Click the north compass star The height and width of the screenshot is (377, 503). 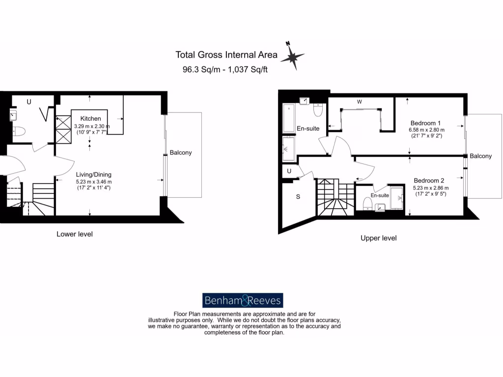[292, 57]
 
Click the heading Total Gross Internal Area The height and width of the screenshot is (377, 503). [226, 55]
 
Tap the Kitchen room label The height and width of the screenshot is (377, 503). [91, 118]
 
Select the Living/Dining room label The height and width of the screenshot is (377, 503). [93, 174]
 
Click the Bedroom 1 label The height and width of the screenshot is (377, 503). [425, 123]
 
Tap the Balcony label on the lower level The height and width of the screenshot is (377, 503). [181, 153]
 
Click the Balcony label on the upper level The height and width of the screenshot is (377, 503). [480, 156]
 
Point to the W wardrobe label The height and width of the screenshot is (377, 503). [360, 102]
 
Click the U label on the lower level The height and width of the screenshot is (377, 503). [29, 102]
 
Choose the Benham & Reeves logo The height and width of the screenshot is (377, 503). [243, 300]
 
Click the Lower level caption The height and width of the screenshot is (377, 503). [74, 234]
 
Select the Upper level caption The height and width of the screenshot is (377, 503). [378, 238]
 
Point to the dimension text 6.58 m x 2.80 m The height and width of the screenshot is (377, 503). [426, 130]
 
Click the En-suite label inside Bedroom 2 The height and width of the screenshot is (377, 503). [379, 195]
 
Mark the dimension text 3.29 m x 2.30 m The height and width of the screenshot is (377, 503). [92, 126]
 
